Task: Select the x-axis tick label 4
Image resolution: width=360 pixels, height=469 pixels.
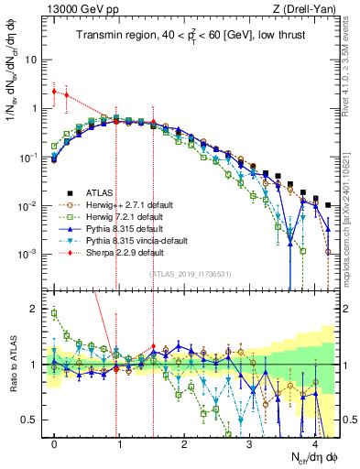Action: tap(314, 443)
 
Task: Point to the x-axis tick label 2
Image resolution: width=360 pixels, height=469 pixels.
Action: tap(184, 443)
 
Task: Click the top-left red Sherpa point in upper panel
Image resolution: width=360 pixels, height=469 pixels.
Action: tap(55, 92)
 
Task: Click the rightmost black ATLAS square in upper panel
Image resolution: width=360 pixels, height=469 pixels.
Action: tap(328, 205)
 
